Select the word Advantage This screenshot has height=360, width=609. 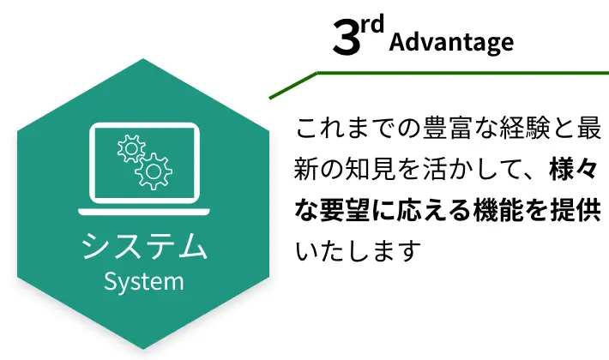[x=451, y=42]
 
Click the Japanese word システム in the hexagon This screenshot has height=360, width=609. [x=144, y=247]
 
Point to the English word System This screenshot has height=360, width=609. [x=144, y=281]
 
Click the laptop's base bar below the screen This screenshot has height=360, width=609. [x=144, y=211]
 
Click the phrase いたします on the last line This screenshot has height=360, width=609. [x=359, y=250]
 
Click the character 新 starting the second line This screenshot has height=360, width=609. [x=307, y=170]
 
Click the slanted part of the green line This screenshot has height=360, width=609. [x=293, y=85]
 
